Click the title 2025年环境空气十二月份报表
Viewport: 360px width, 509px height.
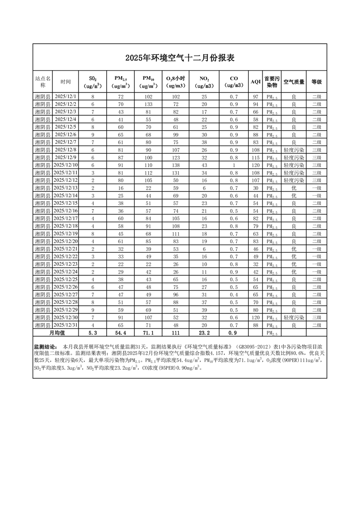coord(180,58)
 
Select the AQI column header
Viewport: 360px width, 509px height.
coord(256,82)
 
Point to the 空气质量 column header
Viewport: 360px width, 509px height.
coord(294,82)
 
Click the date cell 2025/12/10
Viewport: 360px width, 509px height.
coord(66,165)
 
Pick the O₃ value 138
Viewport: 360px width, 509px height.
coord(176,165)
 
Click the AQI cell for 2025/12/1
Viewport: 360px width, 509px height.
coord(256,97)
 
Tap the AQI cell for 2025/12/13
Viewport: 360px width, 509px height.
coord(256,188)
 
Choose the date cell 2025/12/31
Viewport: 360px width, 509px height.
coord(66,325)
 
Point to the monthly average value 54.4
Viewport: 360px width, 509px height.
coord(121,333)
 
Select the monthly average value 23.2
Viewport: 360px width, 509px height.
coord(204,333)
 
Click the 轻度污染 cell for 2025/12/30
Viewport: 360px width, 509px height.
coord(294,317)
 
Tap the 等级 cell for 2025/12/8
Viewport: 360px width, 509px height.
coord(316,150)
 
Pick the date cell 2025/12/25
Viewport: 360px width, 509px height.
coord(66,279)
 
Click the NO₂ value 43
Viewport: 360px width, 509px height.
coord(204,165)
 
